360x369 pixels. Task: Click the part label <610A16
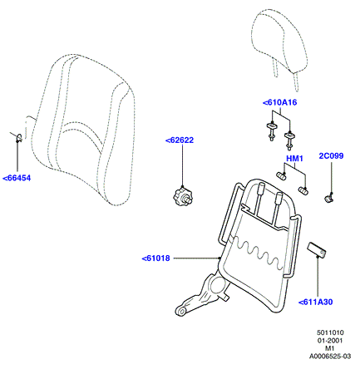coord(280,102)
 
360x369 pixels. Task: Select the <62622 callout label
coord(180,140)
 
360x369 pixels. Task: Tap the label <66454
coord(17,178)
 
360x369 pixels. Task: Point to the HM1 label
coord(294,159)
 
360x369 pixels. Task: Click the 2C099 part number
coord(331,156)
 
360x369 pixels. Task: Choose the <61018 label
coord(155,258)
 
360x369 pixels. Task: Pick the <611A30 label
coord(315,302)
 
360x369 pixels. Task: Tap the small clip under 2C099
coord(329,198)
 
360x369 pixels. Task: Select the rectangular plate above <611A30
coord(317,249)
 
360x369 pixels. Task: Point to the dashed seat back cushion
coord(83,130)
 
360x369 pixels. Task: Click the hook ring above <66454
coord(19,138)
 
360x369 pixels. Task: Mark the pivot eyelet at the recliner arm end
coord(181,311)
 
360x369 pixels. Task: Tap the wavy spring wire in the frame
coord(259,251)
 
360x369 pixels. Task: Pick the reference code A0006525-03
coord(330,357)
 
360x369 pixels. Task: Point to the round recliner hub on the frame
coord(217,286)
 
